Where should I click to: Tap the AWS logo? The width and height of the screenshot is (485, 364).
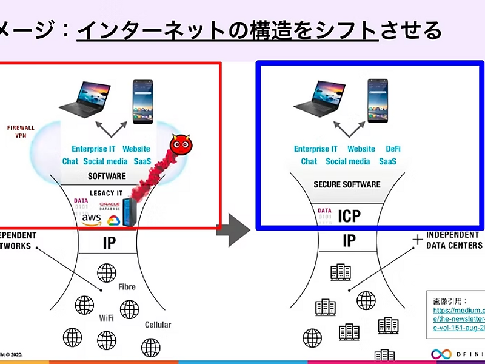(92, 218)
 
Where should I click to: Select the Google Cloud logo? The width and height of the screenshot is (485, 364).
(113, 220)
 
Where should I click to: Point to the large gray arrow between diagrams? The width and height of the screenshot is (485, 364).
(234, 229)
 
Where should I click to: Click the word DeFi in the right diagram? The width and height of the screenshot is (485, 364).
(393, 149)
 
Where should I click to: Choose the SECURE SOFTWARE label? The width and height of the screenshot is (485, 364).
(347, 184)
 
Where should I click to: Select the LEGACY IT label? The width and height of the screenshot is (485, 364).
(106, 193)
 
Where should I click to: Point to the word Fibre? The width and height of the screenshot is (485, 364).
(127, 286)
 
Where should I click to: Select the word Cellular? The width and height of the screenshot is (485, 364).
(158, 325)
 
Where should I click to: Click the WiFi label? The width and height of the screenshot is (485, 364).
(107, 317)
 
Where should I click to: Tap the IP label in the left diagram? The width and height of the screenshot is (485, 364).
(109, 243)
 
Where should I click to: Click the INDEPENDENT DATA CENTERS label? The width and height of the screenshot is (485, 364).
(454, 240)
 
